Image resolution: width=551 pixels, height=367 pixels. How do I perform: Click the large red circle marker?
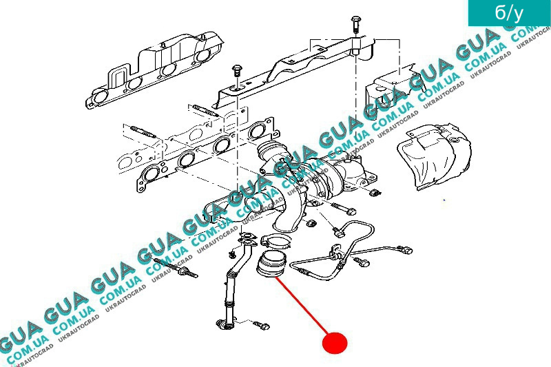tap(335, 342)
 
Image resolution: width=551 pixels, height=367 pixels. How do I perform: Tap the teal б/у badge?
tap(509, 13)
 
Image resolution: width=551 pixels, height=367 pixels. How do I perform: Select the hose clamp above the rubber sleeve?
tap(276, 241)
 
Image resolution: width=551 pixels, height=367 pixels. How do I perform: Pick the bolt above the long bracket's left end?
tap(237, 73)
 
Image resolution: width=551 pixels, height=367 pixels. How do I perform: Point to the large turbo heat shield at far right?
tap(434, 156)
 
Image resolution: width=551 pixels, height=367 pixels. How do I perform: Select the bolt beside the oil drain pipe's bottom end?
tap(261, 325)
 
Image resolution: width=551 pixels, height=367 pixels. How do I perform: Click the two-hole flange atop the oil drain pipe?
tap(247, 239)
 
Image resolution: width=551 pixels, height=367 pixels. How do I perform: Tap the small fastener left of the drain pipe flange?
tap(231, 253)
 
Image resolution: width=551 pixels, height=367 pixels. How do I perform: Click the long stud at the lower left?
tap(175, 268)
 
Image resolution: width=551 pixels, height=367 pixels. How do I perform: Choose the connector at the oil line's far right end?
tap(408, 251)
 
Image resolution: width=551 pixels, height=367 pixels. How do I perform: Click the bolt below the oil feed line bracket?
tap(361, 261)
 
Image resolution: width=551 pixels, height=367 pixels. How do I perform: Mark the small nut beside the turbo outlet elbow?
tap(311, 223)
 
